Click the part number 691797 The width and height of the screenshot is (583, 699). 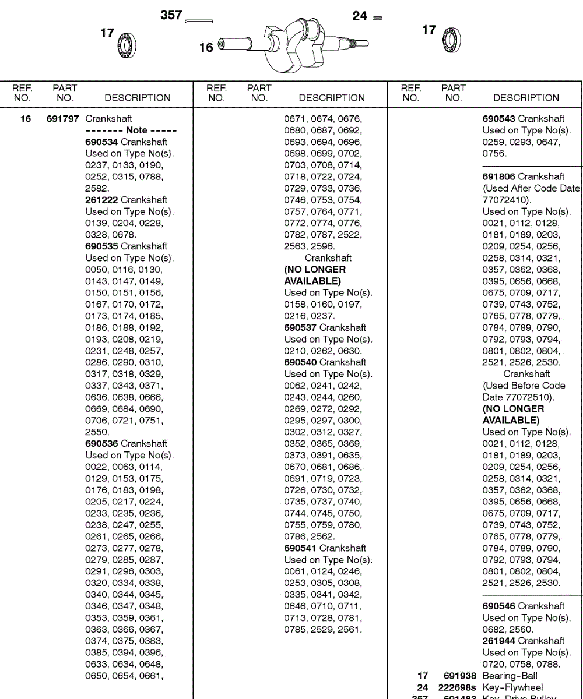click(62, 119)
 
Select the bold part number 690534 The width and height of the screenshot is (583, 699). click(101, 142)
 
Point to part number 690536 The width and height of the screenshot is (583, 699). click(101, 444)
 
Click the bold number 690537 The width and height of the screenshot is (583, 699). click(300, 327)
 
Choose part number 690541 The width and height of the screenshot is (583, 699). click(300, 548)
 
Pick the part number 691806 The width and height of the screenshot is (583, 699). click(498, 176)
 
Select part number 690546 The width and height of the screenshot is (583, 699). click(498, 606)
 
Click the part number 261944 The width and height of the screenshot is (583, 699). click(498, 641)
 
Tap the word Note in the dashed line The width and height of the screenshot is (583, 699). click(137, 130)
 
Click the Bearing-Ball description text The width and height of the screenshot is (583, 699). click(510, 676)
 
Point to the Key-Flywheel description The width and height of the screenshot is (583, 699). click(512, 687)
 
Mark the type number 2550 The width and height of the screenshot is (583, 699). click(97, 432)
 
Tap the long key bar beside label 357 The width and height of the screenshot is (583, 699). click(199, 22)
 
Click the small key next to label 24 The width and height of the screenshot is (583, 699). click(377, 17)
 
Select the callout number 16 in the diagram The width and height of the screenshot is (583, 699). click(206, 48)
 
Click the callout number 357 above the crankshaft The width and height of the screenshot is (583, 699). click(171, 16)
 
